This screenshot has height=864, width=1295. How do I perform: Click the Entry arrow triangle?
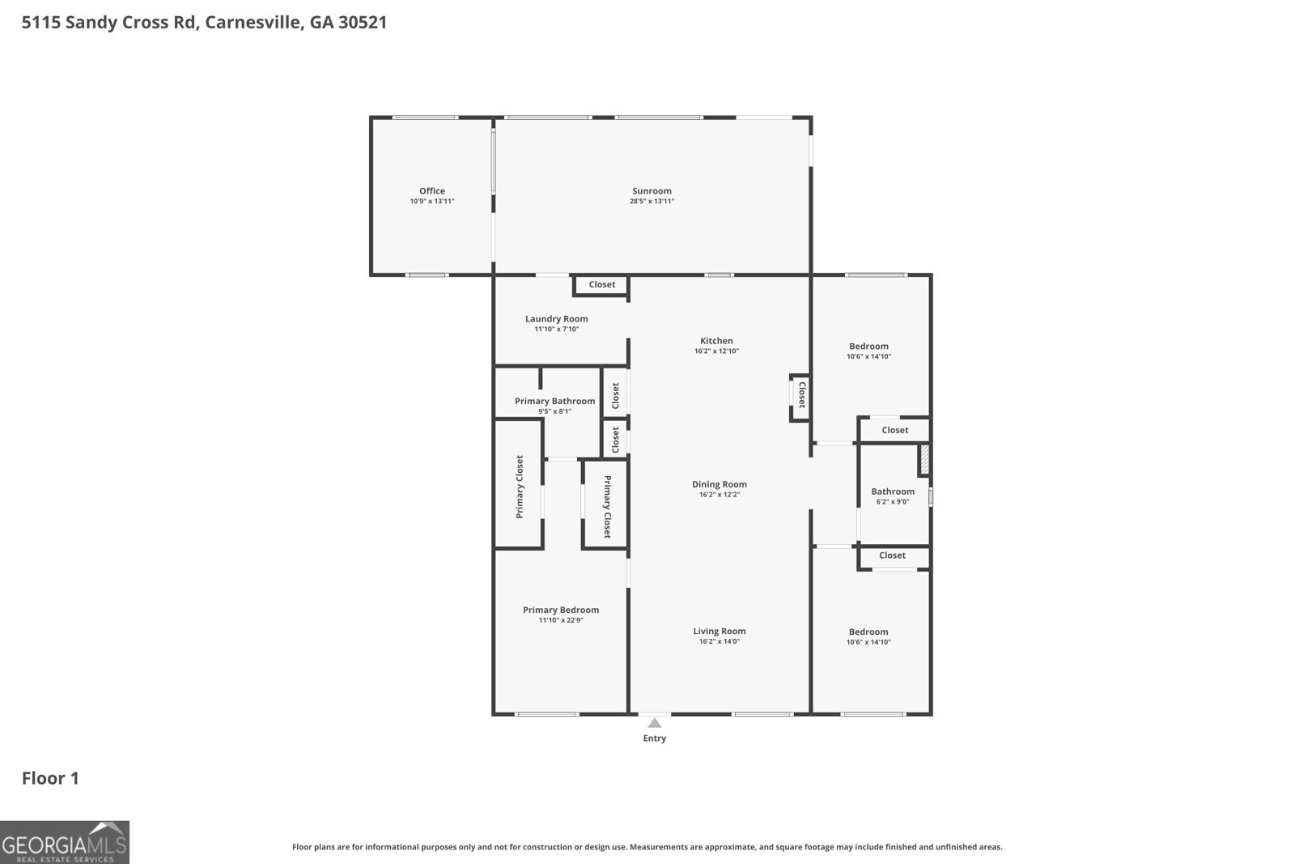(654, 723)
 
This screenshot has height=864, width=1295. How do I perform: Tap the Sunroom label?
(652, 191)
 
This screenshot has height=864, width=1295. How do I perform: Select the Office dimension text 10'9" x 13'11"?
(432, 202)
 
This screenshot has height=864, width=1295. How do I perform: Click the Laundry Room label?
(556, 319)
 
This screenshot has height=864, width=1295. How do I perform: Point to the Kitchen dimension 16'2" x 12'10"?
(716, 351)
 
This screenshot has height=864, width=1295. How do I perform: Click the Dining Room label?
(719, 484)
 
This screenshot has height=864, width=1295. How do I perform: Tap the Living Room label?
(719, 632)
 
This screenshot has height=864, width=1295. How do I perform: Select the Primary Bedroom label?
(561, 611)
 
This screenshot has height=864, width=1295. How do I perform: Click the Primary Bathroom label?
(554, 402)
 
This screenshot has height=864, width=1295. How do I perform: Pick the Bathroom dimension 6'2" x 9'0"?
(893, 502)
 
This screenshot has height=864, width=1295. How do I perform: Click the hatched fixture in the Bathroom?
(923, 461)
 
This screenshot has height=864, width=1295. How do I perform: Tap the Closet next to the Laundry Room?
(601, 285)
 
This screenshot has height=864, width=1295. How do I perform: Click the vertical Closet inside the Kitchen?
(800, 396)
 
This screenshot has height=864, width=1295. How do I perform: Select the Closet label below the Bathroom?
(892, 555)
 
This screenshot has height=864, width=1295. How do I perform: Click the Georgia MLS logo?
(64, 842)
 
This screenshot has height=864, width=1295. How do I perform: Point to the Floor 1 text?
(50, 778)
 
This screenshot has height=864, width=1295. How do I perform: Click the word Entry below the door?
(654, 738)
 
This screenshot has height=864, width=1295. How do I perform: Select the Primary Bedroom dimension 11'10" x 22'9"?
(561, 621)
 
